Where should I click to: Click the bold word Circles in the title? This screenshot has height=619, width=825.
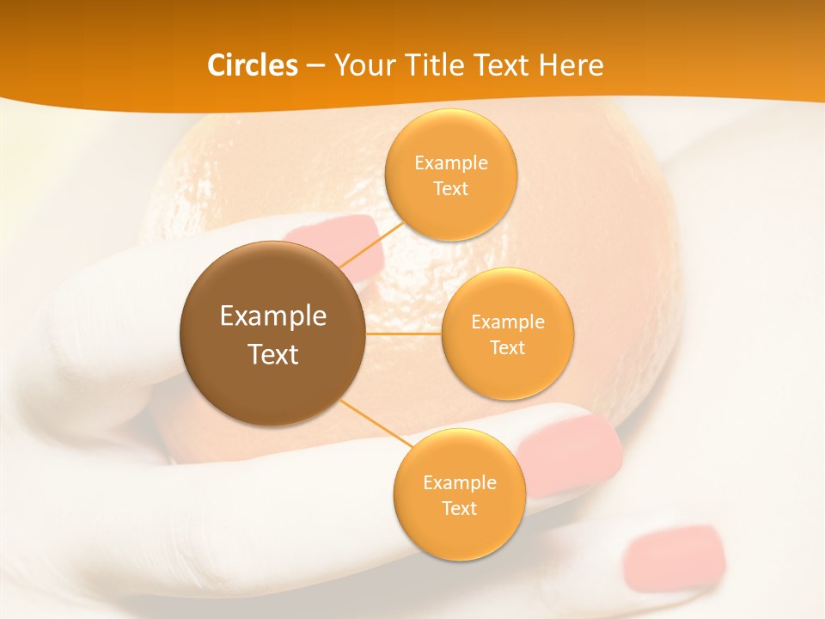click(x=253, y=65)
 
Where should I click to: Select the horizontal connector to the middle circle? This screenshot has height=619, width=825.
click(x=404, y=334)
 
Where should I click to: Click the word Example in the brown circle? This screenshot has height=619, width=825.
click(x=273, y=316)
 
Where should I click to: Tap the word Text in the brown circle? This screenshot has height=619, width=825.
click(x=273, y=354)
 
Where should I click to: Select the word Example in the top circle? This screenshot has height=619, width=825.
click(x=451, y=163)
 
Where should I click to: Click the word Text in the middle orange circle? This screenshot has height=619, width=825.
click(x=508, y=347)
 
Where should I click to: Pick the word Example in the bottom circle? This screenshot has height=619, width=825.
click(x=460, y=483)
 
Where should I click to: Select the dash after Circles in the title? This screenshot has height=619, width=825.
click(x=315, y=66)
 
